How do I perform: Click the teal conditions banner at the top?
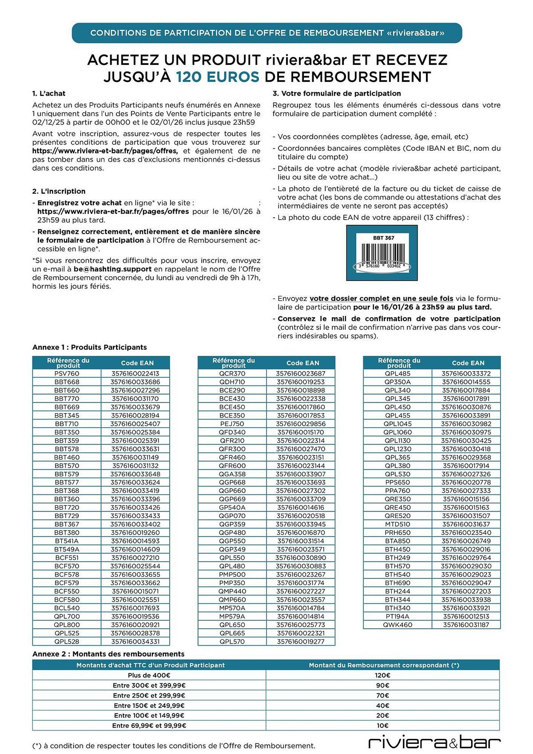point(266,33)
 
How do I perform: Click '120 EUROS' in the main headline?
point(217,77)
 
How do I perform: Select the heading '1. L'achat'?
point(49,93)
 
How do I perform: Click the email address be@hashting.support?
point(112,269)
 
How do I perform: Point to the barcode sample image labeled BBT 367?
point(381,253)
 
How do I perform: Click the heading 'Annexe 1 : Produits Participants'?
point(89,347)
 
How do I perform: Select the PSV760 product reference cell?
point(67,374)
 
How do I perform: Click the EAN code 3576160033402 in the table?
point(135,524)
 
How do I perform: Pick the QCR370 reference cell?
point(232,374)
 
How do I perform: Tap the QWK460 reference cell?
point(397,625)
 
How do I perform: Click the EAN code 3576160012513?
point(466,616)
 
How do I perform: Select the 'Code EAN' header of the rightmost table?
point(468,363)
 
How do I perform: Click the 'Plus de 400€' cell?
point(149,676)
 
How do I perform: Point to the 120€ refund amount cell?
point(382,676)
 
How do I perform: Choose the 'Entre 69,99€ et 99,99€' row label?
point(149,726)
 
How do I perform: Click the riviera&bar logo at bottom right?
point(434,743)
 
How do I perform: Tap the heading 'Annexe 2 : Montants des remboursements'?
point(108,654)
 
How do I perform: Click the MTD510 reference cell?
point(397,524)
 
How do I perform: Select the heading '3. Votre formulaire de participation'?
point(336,93)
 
